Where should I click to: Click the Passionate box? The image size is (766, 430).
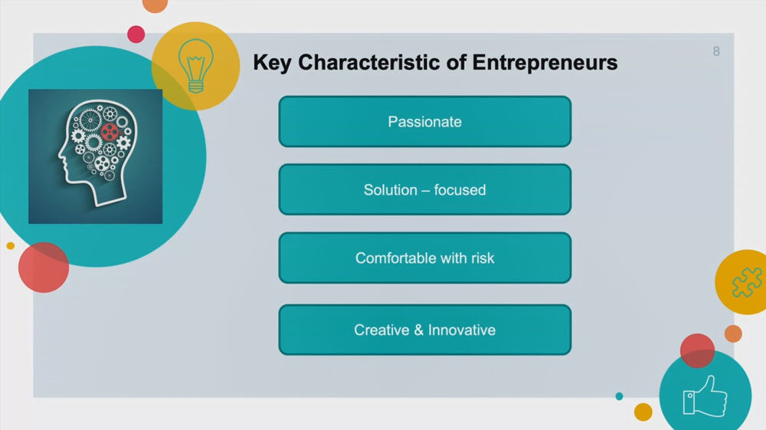tap(425, 122)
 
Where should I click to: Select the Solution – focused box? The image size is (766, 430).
tap(425, 189)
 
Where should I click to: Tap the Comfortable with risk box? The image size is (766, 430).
tap(425, 258)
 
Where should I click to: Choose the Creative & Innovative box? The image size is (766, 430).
tap(425, 330)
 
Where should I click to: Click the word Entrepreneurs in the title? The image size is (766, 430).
tap(545, 64)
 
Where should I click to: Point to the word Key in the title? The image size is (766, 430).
tap(272, 64)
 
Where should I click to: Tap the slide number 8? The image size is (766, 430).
tap(716, 51)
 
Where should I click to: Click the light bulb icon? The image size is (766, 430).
tap(196, 66)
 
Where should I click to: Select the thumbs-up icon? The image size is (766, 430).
tap(705, 396)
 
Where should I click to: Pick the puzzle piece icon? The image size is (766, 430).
tap(747, 282)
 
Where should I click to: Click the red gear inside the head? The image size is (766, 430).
tap(110, 132)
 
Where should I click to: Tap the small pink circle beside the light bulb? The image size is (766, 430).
tap(136, 34)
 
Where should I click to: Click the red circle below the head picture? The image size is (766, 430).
tap(44, 268)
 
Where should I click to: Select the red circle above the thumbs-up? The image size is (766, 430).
tap(697, 350)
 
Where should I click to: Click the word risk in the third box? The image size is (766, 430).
tap(483, 258)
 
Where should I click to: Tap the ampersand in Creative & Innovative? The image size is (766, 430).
tap(419, 330)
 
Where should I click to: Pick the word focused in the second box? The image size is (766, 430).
tap(460, 189)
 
